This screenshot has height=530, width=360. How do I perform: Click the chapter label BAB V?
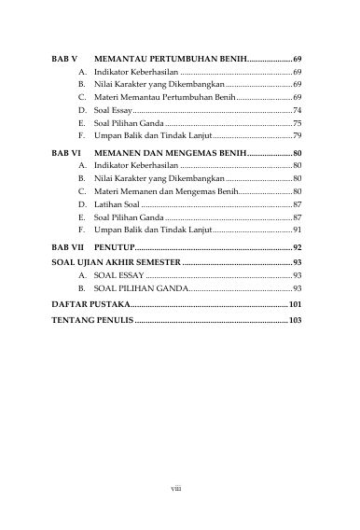(x=62, y=58)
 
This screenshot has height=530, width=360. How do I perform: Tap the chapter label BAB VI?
(x=63, y=151)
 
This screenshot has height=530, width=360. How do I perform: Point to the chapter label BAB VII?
(x=65, y=247)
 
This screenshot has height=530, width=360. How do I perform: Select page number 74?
(x=297, y=110)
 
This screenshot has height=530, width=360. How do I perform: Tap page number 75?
(x=297, y=123)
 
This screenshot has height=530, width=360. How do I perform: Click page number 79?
(x=297, y=136)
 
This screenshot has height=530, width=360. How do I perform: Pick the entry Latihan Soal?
(x=118, y=202)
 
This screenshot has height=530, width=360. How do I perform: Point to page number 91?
(x=297, y=229)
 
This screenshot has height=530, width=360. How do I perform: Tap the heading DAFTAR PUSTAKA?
(x=85, y=305)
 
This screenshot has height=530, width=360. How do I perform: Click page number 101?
(x=295, y=305)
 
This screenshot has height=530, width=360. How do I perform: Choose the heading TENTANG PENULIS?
(x=91, y=321)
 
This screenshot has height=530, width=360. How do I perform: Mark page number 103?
(x=295, y=321)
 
